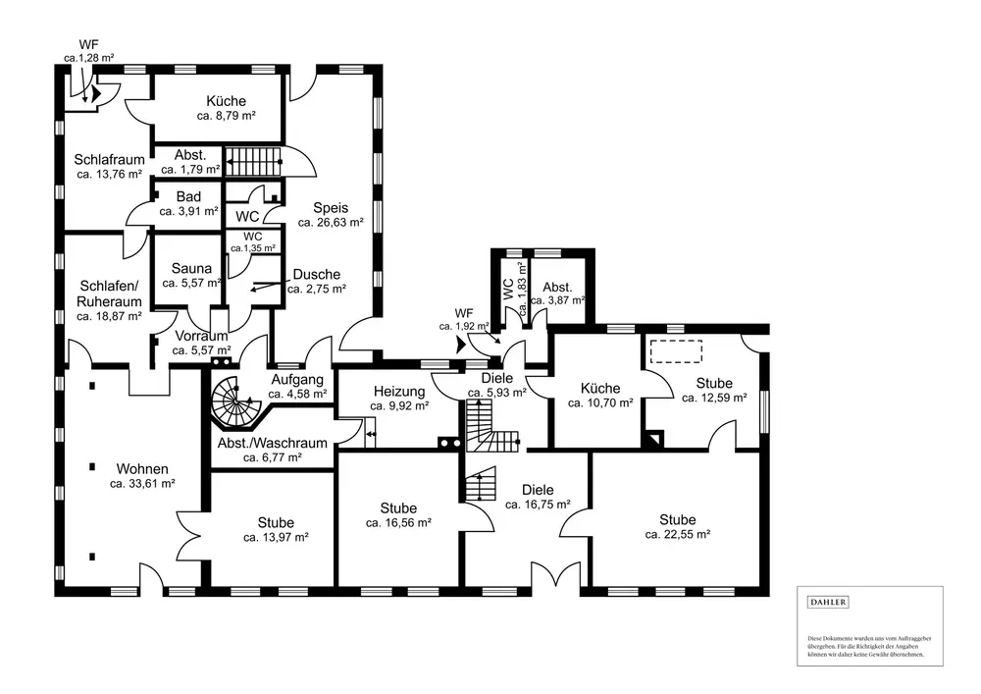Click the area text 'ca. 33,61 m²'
point(142,483)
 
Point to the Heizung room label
point(398,391)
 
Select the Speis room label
point(332,207)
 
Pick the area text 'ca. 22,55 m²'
point(677,535)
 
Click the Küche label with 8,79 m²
point(226,101)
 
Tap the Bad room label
point(188,196)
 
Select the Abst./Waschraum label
point(259,442)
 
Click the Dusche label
point(316,275)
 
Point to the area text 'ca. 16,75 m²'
point(538,505)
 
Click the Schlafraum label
point(110,160)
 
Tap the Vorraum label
point(201,336)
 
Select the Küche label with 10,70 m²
point(599,388)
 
